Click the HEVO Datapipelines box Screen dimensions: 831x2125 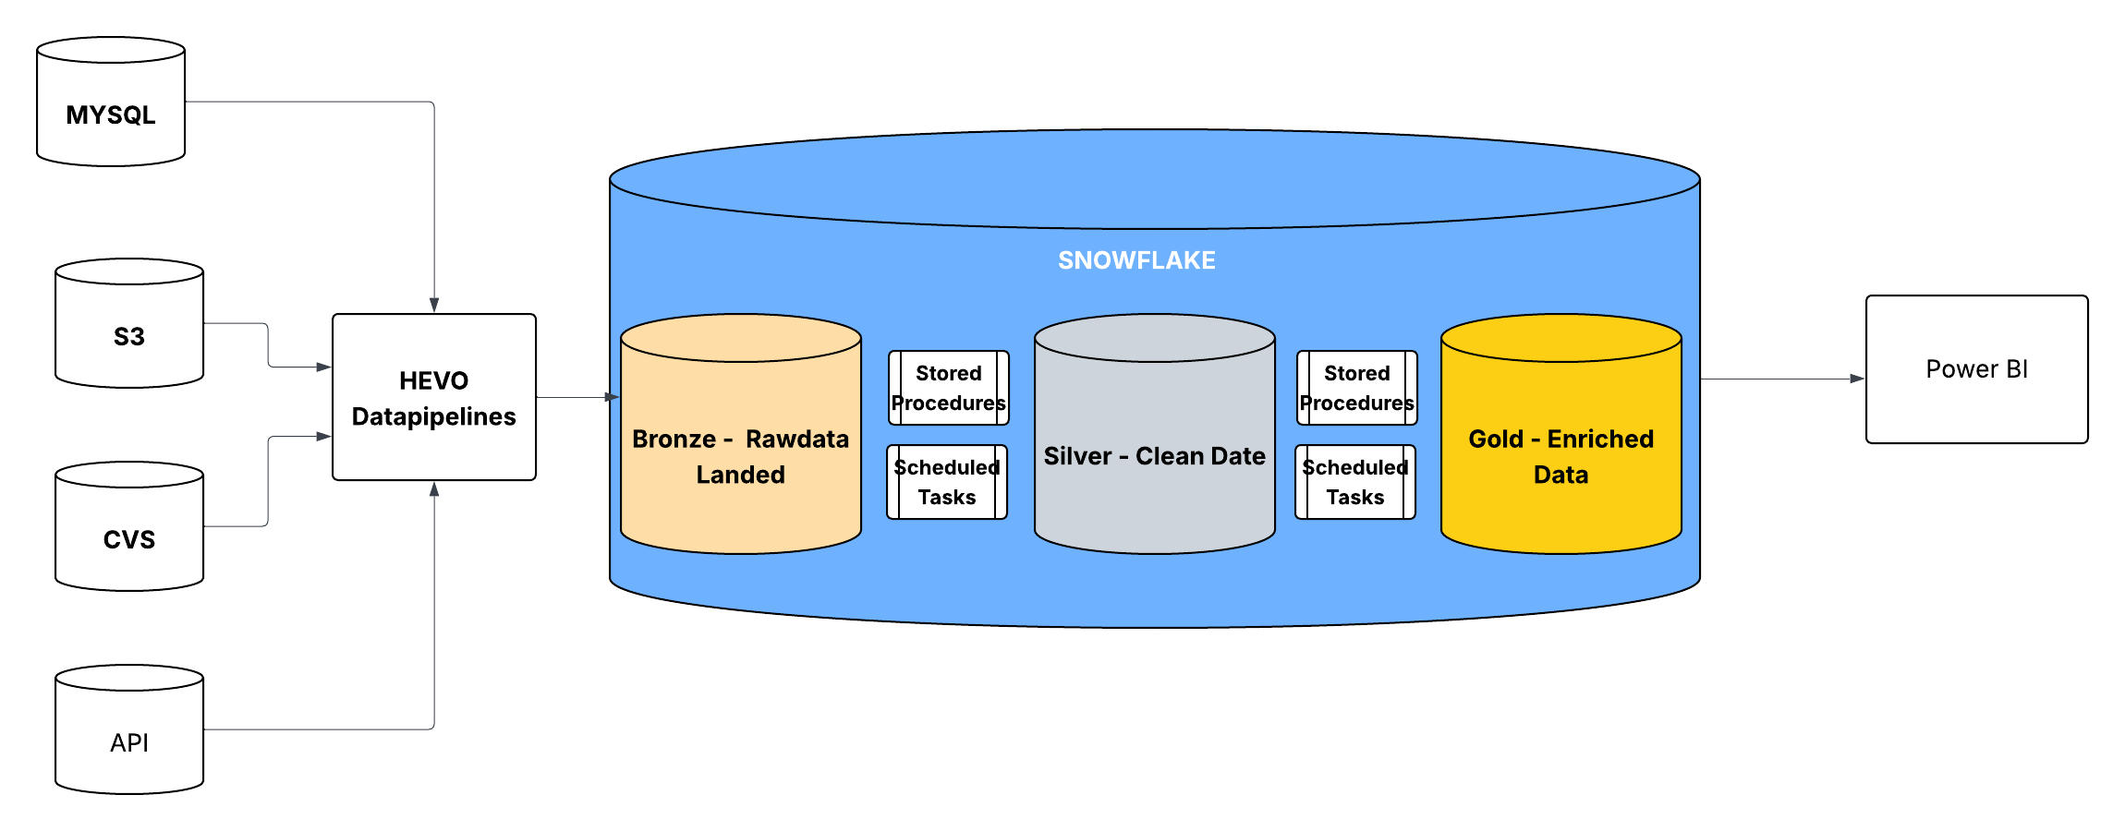point(434,397)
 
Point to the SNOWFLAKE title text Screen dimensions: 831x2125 point(1136,260)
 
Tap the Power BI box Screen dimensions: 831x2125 point(1976,369)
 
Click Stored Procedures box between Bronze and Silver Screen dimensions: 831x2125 point(949,388)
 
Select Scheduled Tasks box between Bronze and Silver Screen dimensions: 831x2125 point(947,482)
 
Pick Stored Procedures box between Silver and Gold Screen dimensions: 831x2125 point(1356,388)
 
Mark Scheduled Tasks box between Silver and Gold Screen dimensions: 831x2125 point(1355,482)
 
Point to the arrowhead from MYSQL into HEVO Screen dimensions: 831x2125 point(434,306)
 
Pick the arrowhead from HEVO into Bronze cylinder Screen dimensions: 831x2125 point(612,397)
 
